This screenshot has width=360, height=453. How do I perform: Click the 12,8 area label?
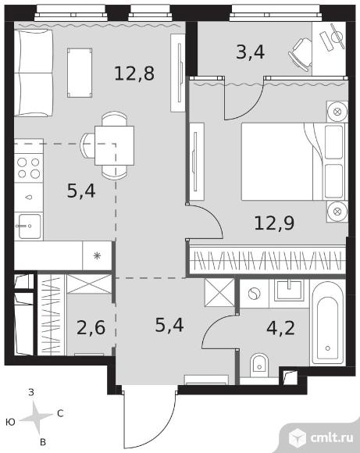click(x=134, y=73)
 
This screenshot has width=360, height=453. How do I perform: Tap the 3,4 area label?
click(x=250, y=52)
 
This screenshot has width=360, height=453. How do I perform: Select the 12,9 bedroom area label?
click(x=274, y=223)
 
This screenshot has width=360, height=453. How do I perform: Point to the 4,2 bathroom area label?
click(x=280, y=327)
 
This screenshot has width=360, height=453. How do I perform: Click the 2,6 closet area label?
click(x=91, y=327)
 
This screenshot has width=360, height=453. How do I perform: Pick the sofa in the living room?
click(x=34, y=73)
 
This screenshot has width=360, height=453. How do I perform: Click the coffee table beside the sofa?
click(x=80, y=73)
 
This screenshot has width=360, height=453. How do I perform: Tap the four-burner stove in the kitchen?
click(x=29, y=168)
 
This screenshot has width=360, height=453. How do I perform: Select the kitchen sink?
click(x=29, y=226)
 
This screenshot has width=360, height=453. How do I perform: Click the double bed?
click(x=293, y=162)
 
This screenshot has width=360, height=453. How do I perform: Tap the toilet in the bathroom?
click(x=259, y=366)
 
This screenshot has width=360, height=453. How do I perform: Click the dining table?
click(x=115, y=145)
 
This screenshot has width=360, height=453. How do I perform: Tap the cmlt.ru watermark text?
click(x=332, y=438)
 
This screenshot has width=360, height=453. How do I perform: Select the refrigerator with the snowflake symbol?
click(x=97, y=255)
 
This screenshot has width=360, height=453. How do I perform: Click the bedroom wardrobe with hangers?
click(x=268, y=259)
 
